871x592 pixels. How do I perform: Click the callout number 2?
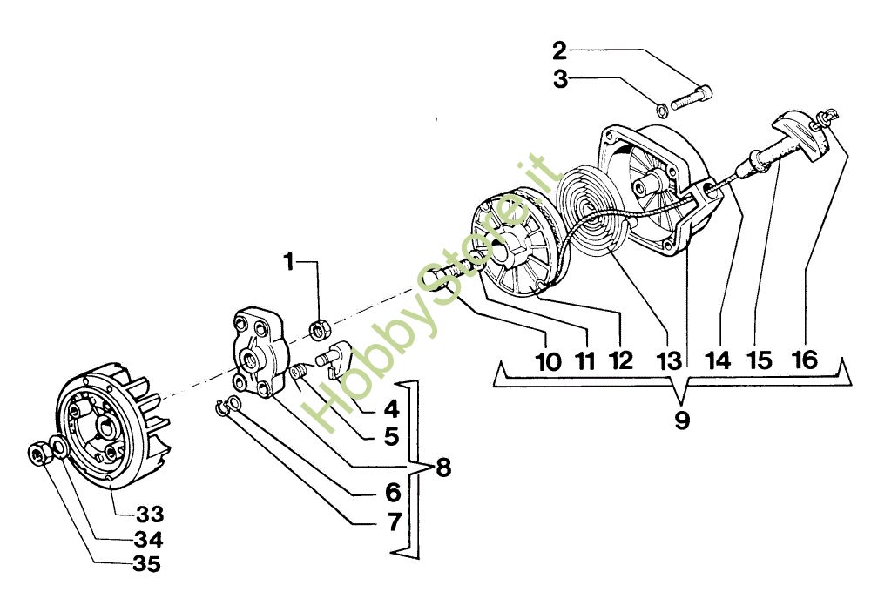(559, 49)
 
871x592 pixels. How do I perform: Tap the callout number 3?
(559, 79)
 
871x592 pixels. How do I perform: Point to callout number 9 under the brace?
(681, 420)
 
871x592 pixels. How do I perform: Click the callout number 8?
(442, 467)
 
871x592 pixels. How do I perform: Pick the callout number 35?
(147, 563)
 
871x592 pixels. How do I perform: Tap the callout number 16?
(806, 360)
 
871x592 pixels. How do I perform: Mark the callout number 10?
(548, 360)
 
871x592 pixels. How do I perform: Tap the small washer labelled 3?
(661, 110)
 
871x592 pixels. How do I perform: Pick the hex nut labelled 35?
(38, 452)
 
